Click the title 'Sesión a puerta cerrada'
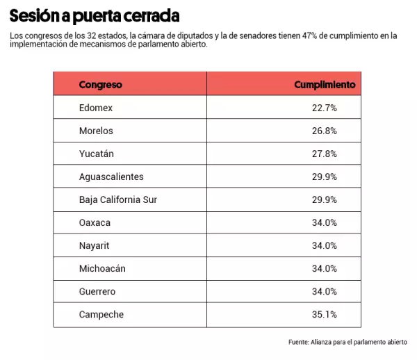[x=94, y=15]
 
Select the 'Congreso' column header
[x=100, y=85]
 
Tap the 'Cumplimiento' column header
[x=325, y=85]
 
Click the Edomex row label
[x=96, y=108]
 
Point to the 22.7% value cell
[x=325, y=108]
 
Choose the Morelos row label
[x=96, y=131]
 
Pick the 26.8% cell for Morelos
[x=325, y=131]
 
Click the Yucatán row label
[x=97, y=154]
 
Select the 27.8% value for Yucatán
[x=325, y=154]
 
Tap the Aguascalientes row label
[x=111, y=177]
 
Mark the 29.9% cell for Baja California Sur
[x=325, y=199]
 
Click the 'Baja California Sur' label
[x=118, y=199]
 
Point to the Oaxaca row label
[x=95, y=222]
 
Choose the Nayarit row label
[x=95, y=245]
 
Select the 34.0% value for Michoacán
[x=325, y=268]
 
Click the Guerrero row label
[x=97, y=291]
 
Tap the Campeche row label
[x=101, y=314]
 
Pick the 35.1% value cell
[x=325, y=314]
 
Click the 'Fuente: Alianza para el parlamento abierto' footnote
[x=347, y=342]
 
